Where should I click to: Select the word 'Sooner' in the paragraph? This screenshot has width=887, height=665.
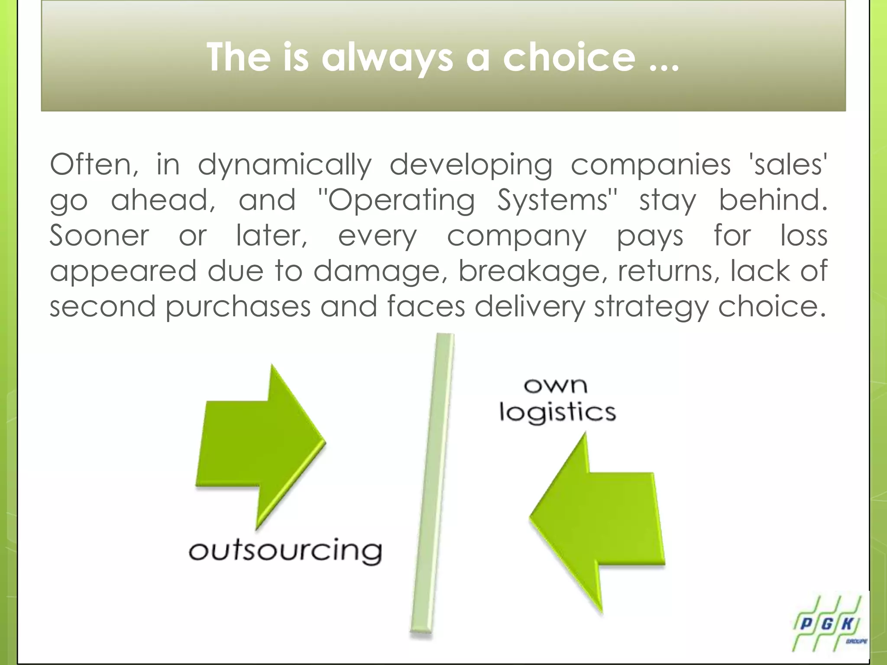[99, 236]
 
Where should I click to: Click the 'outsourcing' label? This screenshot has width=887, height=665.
[285, 551]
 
